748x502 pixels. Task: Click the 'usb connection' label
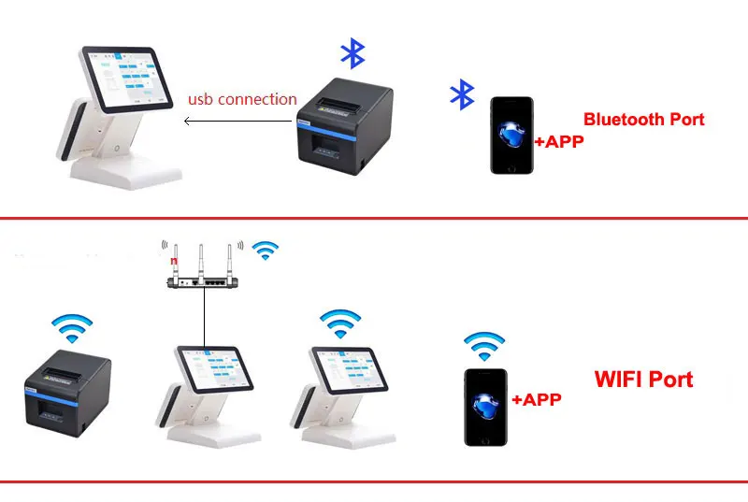pyautogui.click(x=242, y=99)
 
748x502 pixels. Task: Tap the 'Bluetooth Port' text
pyautogui.click(x=643, y=120)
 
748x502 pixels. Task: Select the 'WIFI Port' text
pyautogui.click(x=643, y=380)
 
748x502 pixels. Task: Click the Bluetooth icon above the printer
pyautogui.click(x=352, y=54)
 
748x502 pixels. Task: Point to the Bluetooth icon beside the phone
pyautogui.click(x=462, y=94)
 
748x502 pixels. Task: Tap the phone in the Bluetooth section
pyautogui.click(x=511, y=136)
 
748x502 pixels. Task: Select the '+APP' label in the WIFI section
pyautogui.click(x=536, y=399)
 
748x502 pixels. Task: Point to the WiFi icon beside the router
pyautogui.click(x=267, y=250)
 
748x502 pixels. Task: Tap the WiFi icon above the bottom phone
pyautogui.click(x=483, y=346)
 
